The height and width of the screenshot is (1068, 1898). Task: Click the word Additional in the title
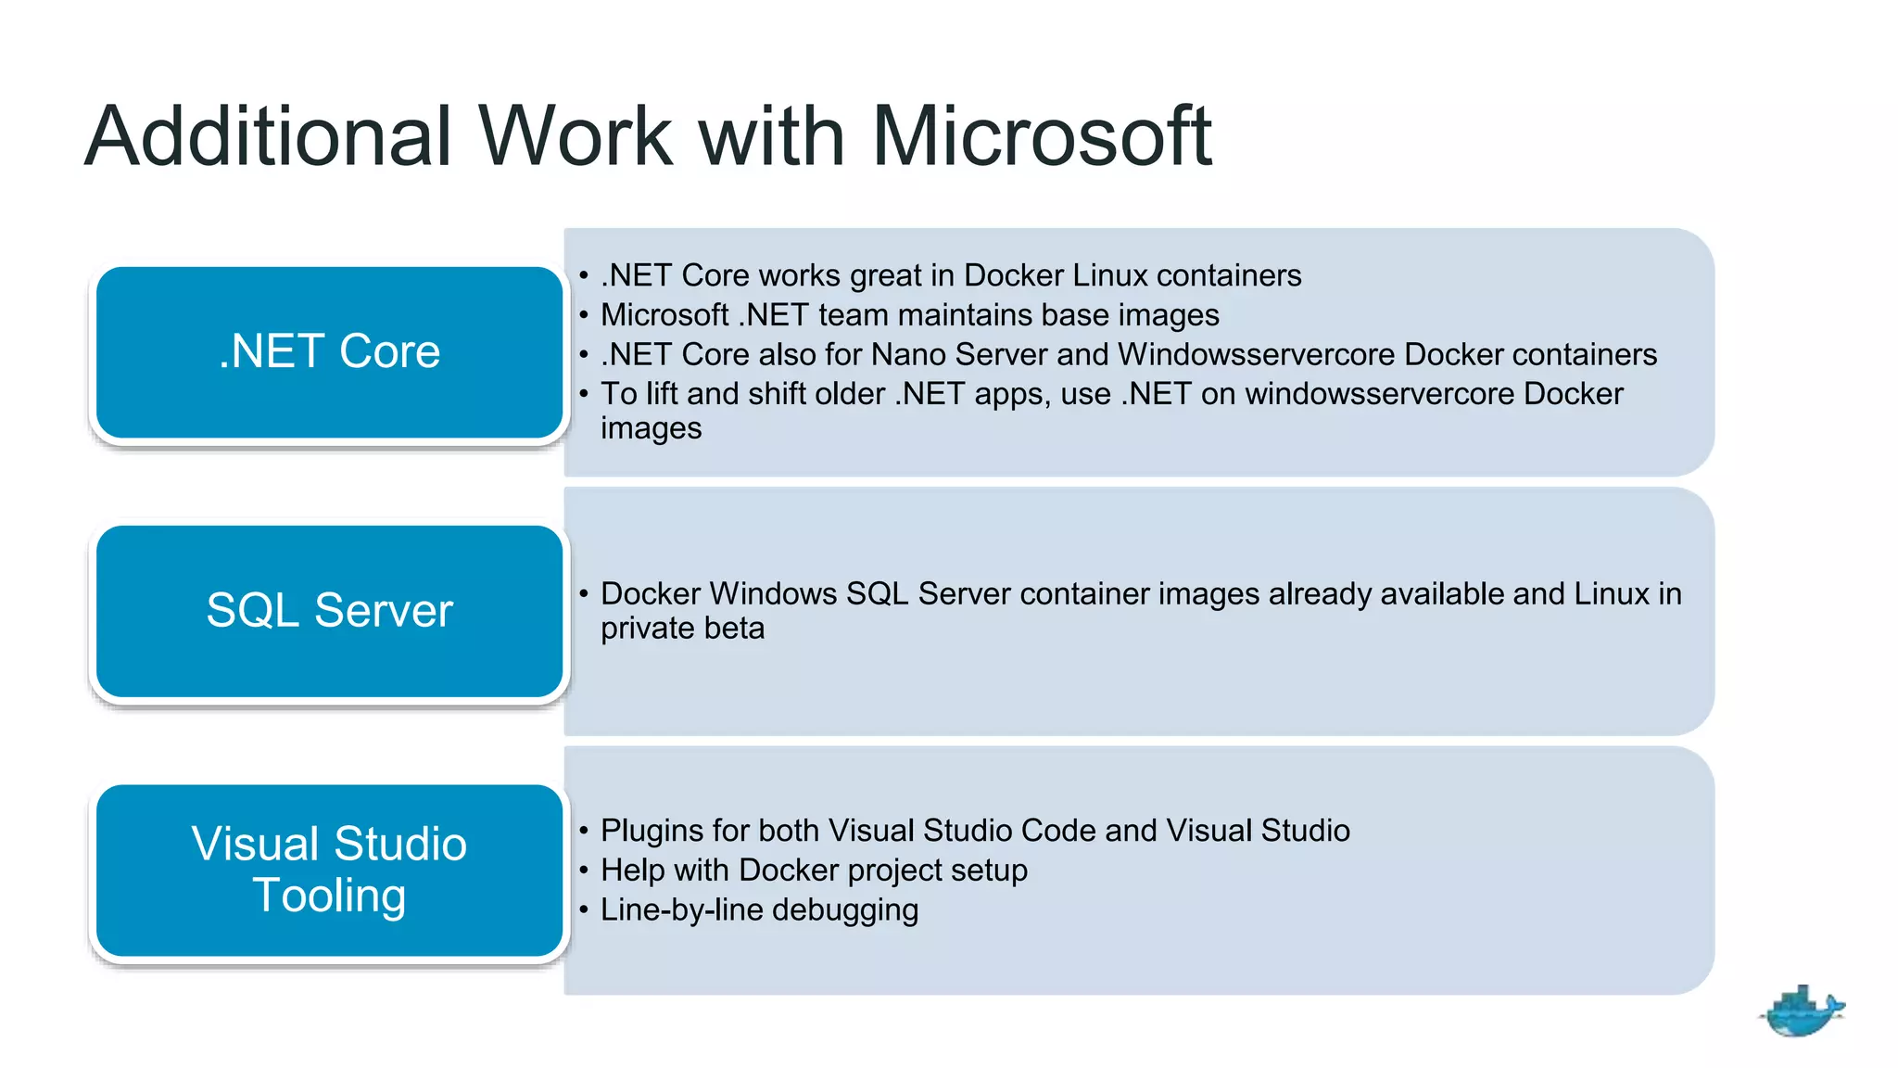tap(269, 137)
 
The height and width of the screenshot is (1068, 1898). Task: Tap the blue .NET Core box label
tap(329, 351)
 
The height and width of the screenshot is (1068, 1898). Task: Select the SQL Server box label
tap(329, 610)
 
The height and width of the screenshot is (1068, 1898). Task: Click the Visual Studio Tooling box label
tap(329, 870)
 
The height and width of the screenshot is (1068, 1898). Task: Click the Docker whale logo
tap(1801, 1011)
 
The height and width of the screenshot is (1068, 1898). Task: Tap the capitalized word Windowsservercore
tap(1257, 354)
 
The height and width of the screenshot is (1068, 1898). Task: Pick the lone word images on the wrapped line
tap(651, 429)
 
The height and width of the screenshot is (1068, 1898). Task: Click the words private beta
tap(682, 629)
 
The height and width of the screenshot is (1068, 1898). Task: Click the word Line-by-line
tap(681, 909)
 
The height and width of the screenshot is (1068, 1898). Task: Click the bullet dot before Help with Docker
tap(584, 871)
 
